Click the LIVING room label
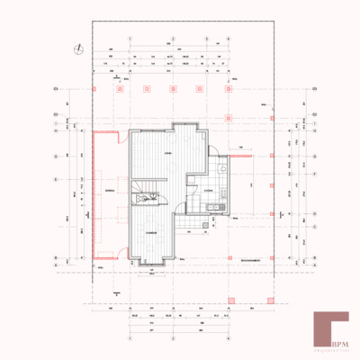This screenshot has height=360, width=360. (x=167, y=153)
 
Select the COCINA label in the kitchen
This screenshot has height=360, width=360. (x=207, y=192)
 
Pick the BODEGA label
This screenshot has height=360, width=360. (x=110, y=193)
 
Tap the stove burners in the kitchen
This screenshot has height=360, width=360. (x=214, y=209)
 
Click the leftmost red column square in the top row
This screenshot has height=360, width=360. (x=94, y=89)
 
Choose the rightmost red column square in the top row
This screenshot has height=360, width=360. (x=231, y=89)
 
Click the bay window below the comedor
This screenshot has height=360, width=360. (x=151, y=265)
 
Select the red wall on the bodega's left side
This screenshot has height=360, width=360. (x=92, y=193)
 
